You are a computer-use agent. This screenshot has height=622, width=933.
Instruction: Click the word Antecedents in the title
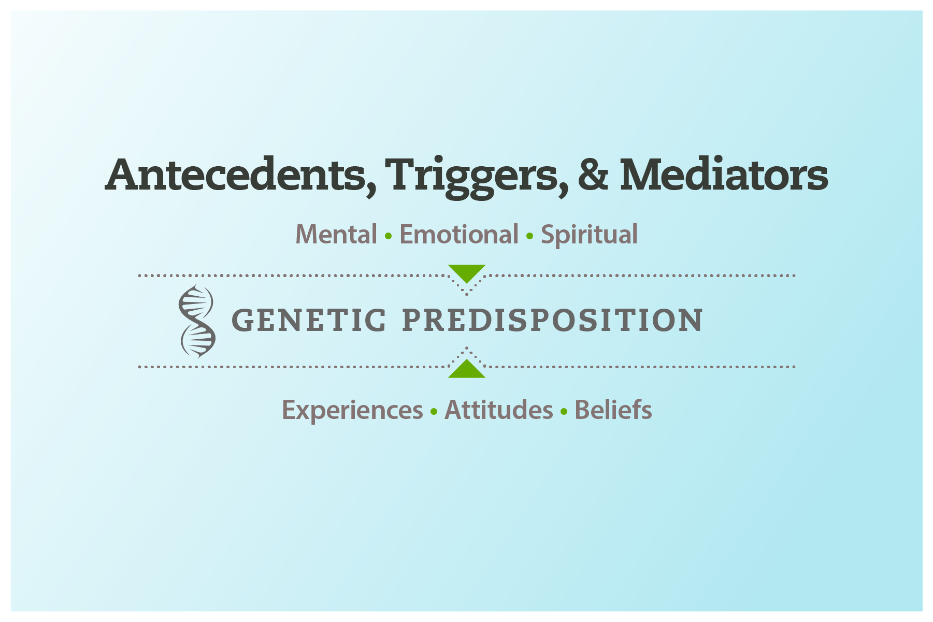236,175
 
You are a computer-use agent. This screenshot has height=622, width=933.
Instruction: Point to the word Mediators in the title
723,175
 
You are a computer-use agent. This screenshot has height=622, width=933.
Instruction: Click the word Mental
336,235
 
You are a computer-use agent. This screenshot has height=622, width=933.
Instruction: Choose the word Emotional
458,235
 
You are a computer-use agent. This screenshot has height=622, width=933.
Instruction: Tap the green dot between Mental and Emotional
388,237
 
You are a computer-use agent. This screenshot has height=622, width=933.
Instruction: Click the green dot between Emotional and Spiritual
529,237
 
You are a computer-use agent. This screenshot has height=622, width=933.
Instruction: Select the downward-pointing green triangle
466,271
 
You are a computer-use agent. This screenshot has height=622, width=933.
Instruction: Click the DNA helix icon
197,321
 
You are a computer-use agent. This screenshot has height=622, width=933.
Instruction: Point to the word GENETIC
309,320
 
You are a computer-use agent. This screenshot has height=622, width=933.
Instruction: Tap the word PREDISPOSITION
552,320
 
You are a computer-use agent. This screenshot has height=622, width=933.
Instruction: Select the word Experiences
352,411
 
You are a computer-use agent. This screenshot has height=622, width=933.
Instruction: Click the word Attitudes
498,410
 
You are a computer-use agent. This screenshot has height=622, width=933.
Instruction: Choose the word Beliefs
613,410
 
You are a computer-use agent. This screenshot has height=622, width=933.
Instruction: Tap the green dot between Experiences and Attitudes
434,412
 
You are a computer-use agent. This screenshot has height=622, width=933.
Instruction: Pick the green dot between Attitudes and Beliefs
564,412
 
